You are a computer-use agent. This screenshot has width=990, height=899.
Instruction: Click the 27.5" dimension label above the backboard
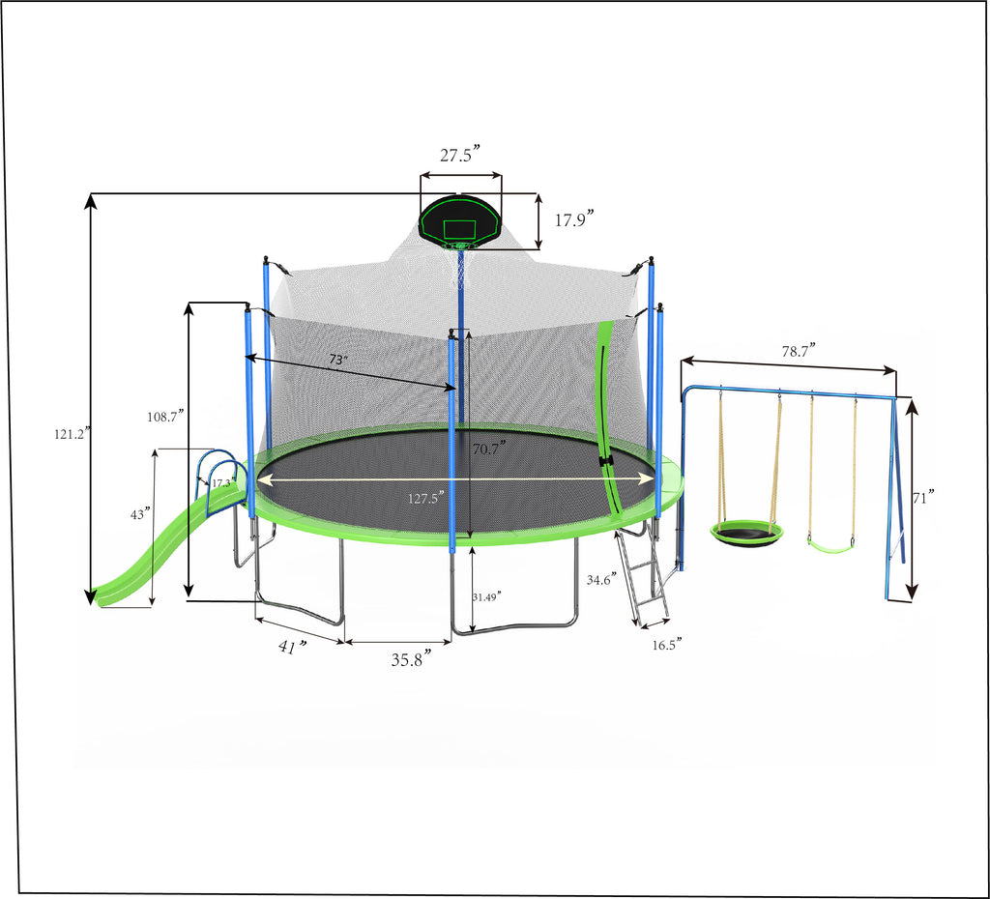pos(460,157)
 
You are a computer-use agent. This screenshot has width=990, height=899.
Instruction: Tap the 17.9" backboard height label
pos(572,219)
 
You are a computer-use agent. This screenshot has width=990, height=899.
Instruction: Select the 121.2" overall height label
pos(71,435)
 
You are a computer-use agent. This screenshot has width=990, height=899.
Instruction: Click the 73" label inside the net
pos(337,360)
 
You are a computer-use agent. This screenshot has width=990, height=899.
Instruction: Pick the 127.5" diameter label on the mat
pos(426,499)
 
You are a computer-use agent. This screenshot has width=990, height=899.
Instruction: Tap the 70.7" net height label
pos(488,449)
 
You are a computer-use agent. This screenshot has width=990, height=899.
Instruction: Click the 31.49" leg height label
pos(487,597)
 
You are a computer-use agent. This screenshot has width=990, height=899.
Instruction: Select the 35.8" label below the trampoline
pos(410,659)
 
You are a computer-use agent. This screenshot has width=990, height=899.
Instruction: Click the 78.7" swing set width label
pos(799,350)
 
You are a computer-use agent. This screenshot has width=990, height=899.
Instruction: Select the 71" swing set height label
pos(925,498)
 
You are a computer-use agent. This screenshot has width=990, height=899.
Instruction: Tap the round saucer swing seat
pos(746,533)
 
